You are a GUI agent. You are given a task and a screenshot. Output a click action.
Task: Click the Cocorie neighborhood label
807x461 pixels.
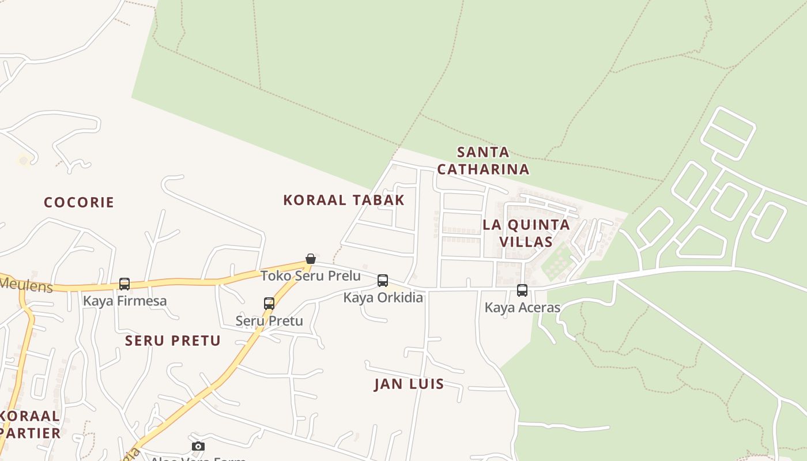pyautogui.click(x=79, y=202)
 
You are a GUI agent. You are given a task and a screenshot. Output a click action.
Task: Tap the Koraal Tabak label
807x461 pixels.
pyautogui.click(x=344, y=200)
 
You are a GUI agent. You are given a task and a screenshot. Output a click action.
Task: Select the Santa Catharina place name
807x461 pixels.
pyautogui.click(x=483, y=161)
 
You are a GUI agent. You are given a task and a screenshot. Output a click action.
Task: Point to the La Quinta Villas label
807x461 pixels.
pyautogui.click(x=526, y=233)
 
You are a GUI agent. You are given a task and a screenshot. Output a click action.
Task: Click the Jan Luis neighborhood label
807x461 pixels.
pyautogui.click(x=409, y=384)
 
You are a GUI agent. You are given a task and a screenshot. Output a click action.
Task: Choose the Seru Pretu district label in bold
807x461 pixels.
pyautogui.click(x=173, y=341)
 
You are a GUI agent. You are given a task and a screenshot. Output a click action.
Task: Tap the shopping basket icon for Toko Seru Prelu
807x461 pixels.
pyautogui.click(x=311, y=258)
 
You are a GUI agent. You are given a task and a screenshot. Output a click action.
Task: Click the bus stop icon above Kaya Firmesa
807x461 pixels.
pyautogui.click(x=125, y=284)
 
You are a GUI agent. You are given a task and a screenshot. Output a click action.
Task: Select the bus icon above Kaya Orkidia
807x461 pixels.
pyautogui.click(x=383, y=281)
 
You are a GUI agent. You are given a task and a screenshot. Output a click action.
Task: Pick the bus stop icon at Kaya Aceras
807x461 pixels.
pyautogui.click(x=522, y=290)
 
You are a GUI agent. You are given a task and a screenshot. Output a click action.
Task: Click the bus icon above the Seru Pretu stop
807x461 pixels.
pyautogui.click(x=269, y=304)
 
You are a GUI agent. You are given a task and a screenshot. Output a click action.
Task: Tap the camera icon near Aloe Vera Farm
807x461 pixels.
pyautogui.click(x=198, y=447)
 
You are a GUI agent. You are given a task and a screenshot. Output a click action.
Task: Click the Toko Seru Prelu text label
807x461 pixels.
pyautogui.click(x=311, y=275)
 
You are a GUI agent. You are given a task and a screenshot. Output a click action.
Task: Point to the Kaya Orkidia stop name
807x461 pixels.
pyautogui.click(x=383, y=297)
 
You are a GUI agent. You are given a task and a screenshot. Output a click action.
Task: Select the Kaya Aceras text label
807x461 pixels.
pyautogui.click(x=522, y=307)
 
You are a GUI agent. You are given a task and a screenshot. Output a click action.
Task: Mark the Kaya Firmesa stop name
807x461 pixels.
pyautogui.click(x=125, y=300)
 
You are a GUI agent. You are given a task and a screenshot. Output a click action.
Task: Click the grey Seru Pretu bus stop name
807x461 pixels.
pyautogui.click(x=269, y=320)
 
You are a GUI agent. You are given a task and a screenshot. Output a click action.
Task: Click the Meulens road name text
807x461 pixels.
pyautogui.click(x=26, y=285)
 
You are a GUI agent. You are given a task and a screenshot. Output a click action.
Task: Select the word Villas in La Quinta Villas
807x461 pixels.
pyautogui.click(x=526, y=241)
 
